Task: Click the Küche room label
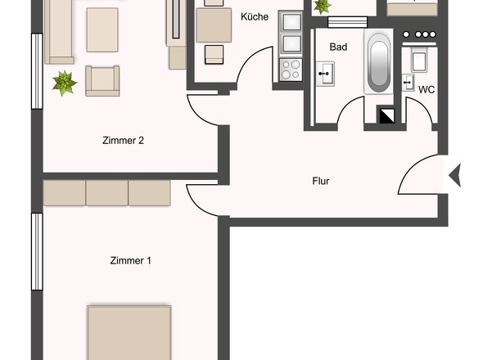tap(255, 16)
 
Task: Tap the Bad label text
tap(338, 47)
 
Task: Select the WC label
tap(427, 90)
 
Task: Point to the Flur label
tap(321, 181)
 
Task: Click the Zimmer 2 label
tap(123, 141)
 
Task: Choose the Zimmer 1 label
tap(131, 260)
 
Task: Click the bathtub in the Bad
tap(378, 61)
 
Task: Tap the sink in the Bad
tap(325, 74)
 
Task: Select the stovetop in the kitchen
tap(291, 70)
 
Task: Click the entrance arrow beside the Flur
tap(455, 175)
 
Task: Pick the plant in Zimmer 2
tap(65, 83)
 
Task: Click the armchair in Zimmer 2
tap(102, 81)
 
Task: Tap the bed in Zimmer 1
tap(129, 333)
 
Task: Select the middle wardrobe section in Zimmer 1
tap(107, 193)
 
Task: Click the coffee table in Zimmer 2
tap(102, 30)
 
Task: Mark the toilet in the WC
tap(419, 60)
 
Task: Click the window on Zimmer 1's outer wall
tap(38, 251)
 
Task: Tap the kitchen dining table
tap(214, 25)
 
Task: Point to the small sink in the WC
tap(408, 83)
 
